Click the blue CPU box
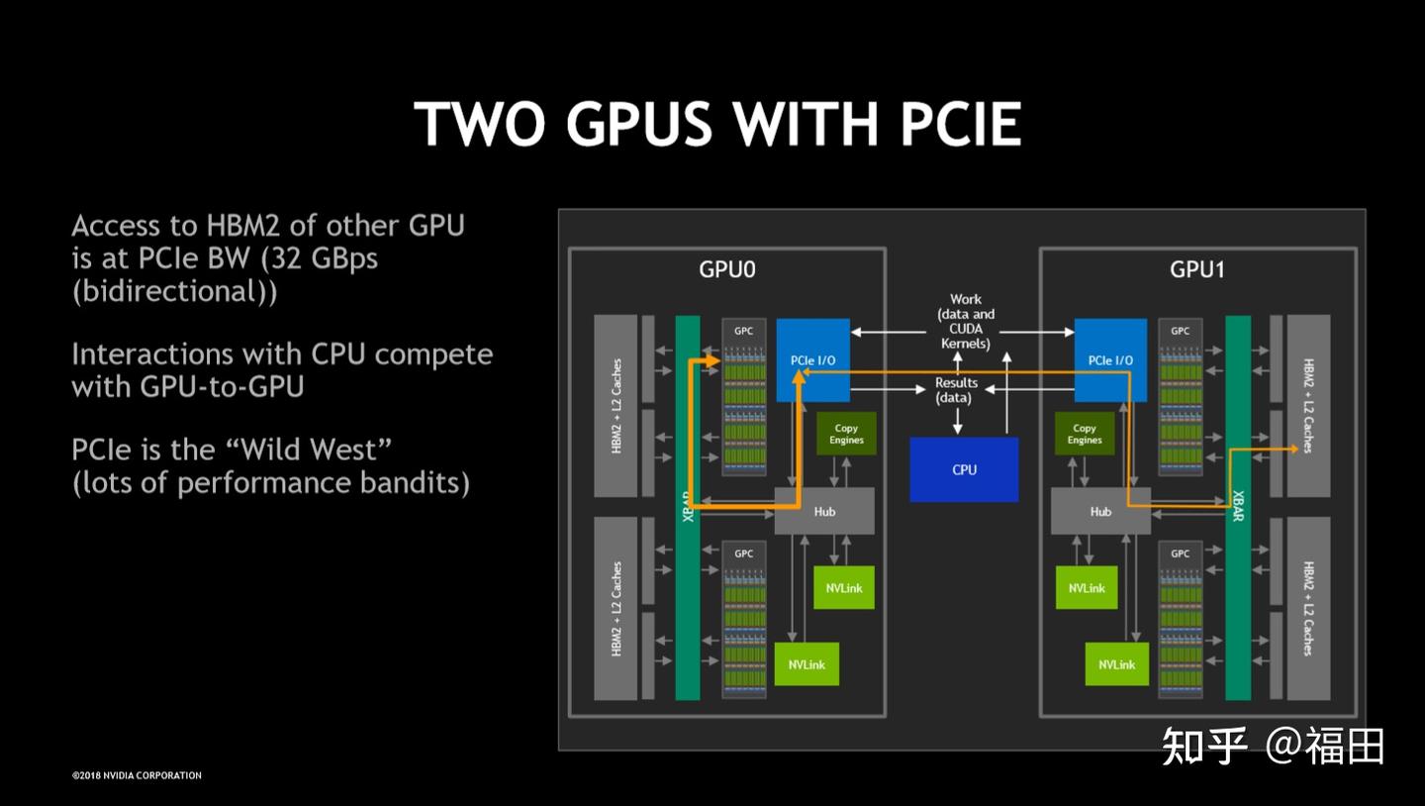[x=964, y=469]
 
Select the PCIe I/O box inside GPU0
[x=813, y=360]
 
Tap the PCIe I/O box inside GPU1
[x=1110, y=360]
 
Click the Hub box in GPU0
[x=824, y=511]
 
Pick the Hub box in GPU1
[x=1100, y=511]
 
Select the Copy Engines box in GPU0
[x=846, y=434]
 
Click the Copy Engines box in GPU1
[x=1085, y=434]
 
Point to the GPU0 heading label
[x=727, y=269]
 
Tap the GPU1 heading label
[x=1197, y=269]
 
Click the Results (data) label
[x=956, y=389]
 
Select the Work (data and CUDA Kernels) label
[x=965, y=322]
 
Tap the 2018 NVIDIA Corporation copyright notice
[x=137, y=775]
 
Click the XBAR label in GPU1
[x=1238, y=506]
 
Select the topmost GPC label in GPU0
[x=744, y=331]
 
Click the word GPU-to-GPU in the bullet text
[x=222, y=386]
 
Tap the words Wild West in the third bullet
[x=309, y=449]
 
